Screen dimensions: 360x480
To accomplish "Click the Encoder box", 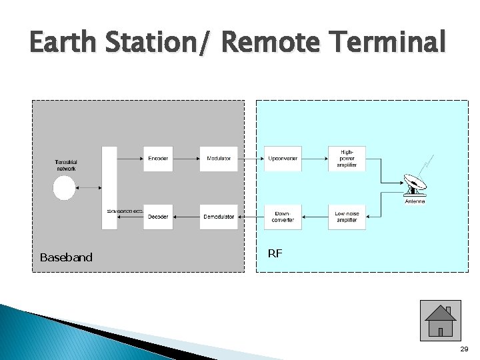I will point(158,159).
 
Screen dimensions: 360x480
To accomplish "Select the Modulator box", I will point(219,159).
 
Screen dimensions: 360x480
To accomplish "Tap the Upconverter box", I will point(283,159).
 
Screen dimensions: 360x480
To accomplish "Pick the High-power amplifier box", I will point(347,159).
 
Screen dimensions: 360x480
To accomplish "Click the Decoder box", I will point(158,217).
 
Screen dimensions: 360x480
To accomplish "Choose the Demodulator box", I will point(219,217).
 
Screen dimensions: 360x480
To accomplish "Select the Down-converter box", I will point(283,217).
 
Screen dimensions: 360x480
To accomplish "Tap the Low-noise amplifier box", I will point(347,217).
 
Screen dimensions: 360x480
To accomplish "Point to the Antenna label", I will point(415,201).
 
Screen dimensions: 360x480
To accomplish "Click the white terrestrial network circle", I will point(65,188).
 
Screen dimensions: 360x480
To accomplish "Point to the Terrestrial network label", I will point(66,165).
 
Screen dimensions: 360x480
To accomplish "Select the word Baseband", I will point(66,257).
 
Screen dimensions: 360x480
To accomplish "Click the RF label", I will point(275,253).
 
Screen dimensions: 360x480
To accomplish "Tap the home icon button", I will point(441,321).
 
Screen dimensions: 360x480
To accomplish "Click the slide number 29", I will point(464,350).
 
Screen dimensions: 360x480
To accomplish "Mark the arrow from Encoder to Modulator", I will point(186,159).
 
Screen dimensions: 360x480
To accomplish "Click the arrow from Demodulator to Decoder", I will point(186,217).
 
